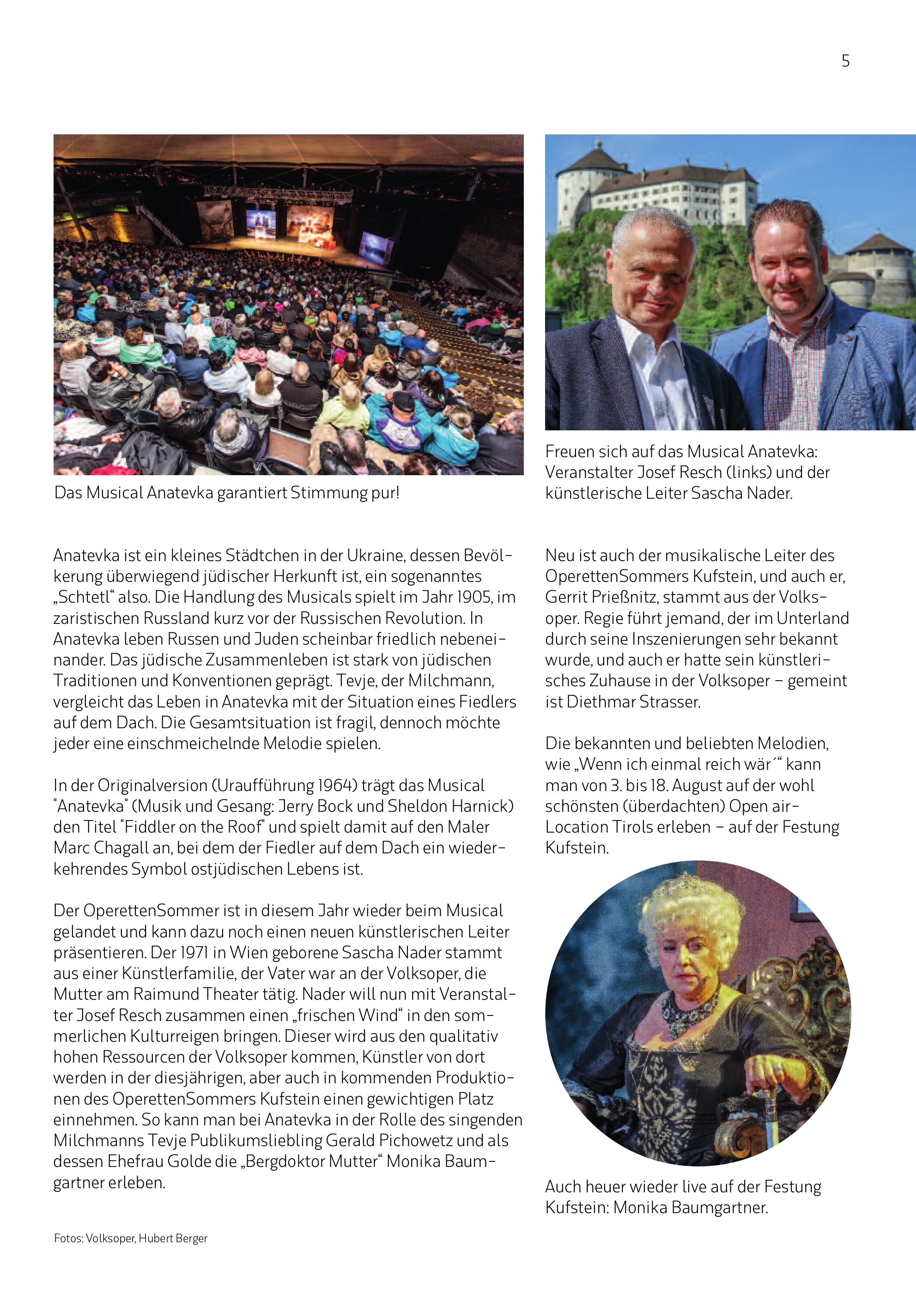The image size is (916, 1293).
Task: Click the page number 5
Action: pyautogui.click(x=845, y=61)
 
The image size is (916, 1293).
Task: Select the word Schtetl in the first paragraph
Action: pyautogui.click(x=85, y=597)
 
